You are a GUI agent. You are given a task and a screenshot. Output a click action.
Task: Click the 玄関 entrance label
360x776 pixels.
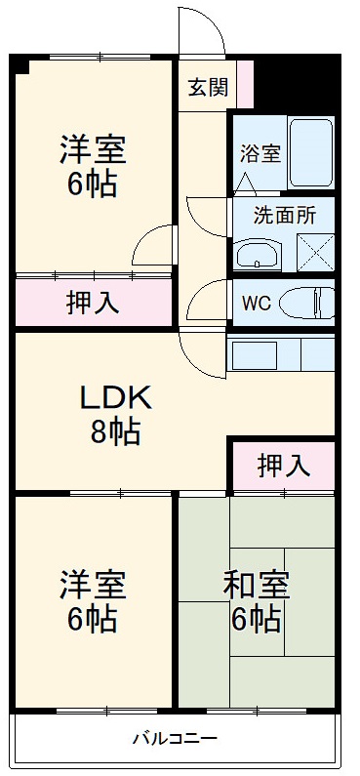coord(207,88)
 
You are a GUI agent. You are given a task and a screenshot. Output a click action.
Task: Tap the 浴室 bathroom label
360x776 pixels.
coord(260,153)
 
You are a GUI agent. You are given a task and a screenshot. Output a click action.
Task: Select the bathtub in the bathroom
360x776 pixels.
coord(311,152)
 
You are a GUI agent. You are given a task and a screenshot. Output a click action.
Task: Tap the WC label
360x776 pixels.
coord(257,302)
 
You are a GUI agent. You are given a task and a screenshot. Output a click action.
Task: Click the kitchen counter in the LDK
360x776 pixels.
coord(281,352)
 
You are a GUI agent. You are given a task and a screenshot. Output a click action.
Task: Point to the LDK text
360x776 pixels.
coord(114,396)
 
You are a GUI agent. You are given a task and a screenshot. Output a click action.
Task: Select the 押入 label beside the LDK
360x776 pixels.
coord(283,466)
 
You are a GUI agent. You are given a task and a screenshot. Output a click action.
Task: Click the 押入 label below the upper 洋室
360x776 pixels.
coord(93,304)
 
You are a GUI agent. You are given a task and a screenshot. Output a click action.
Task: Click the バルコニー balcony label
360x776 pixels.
coord(175,738)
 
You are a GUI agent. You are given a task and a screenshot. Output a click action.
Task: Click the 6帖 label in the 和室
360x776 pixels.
coord(257,620)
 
